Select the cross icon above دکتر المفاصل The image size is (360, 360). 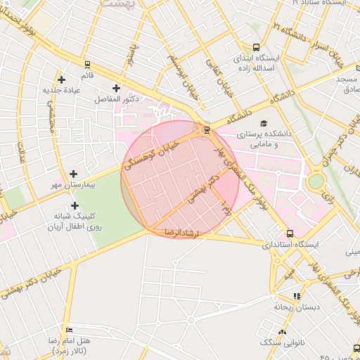pos(116,89)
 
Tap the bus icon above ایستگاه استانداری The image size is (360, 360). pos(290,233)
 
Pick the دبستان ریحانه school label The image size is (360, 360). pos(297,307)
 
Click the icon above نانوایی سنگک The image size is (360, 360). pos(283,331)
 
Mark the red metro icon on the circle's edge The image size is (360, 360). pos(206,129)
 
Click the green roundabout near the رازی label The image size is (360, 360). pos(316,181)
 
